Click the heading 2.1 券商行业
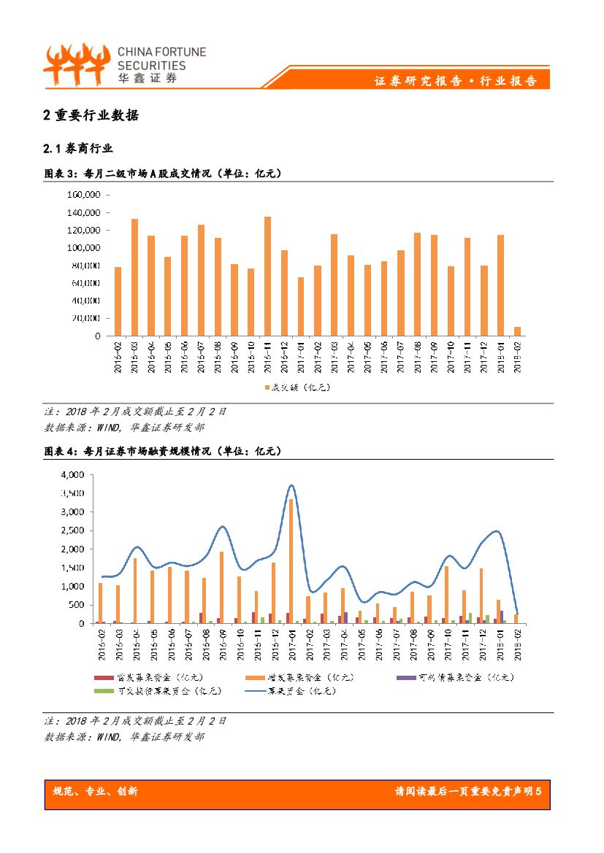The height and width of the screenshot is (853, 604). click(78, 149)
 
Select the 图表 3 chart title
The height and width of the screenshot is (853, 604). click(163, 174)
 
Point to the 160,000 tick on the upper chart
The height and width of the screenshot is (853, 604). click(83, 195)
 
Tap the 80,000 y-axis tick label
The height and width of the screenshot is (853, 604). click(86, 266)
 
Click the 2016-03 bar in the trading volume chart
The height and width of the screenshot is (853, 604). click(134, 277)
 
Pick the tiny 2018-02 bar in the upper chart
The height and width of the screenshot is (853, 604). click(517, 331)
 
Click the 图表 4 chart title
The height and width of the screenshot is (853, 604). click(163, 452)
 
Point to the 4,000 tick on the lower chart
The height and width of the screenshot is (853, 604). click(72, 474)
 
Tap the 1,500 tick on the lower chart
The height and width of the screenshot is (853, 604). click(72, 568)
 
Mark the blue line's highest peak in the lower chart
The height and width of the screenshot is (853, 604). click(291, 485)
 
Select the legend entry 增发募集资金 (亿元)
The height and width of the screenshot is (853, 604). click(306, 677)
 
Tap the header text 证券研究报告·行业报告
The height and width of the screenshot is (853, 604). click(456, 81)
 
